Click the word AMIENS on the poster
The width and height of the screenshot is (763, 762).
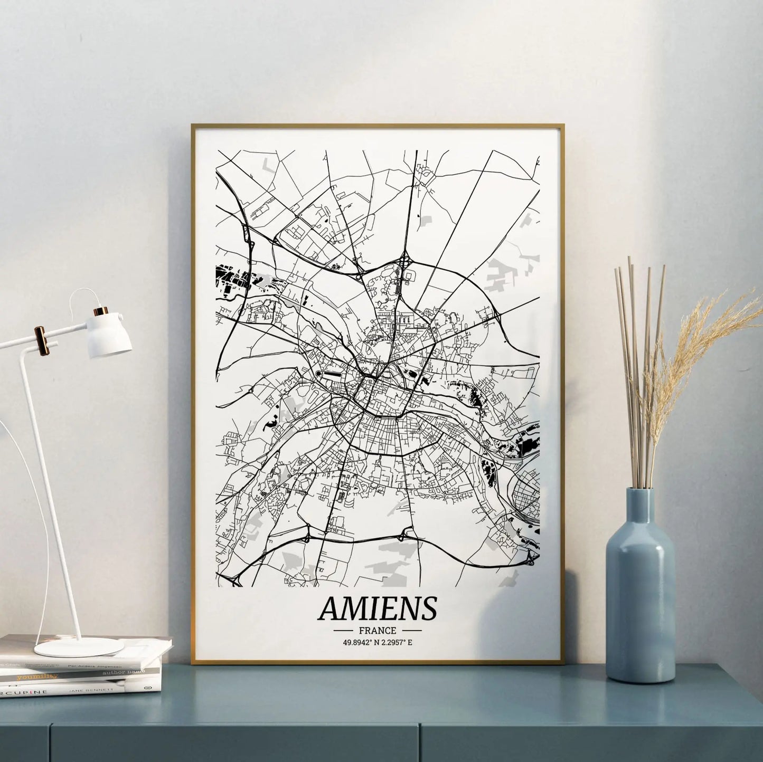tap(378, 608)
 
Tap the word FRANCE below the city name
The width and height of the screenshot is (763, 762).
tap(378, 630)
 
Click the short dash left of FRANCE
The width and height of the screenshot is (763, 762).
tap(343, 630)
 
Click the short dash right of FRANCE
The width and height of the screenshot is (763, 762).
tap(412, 630)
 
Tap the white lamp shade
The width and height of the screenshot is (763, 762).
tap(110, 335)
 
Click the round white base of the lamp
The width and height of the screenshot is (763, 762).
tap(79, 646)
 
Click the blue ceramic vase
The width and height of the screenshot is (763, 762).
tap(640, 596)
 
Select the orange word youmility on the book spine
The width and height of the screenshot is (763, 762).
tap(36, 676)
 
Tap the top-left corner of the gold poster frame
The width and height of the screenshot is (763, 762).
tap(193, 126)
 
